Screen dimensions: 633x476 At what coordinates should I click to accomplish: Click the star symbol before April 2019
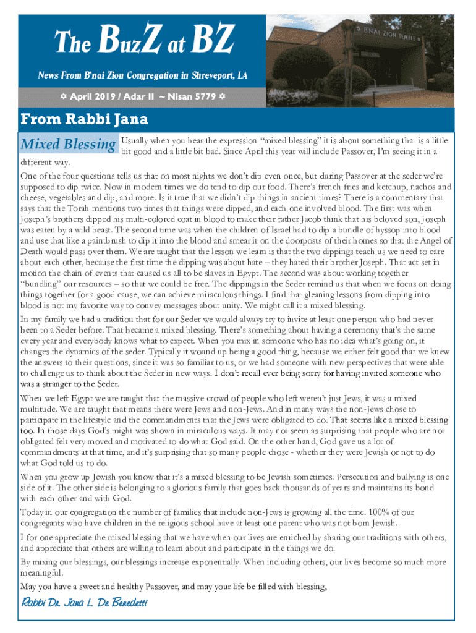[x=64, y=97]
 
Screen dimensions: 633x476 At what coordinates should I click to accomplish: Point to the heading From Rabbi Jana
[x=84, y=118]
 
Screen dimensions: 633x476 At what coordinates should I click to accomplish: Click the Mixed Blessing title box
[x=68, y=145]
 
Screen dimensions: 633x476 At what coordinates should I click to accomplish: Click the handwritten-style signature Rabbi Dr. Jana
[x=84, y=602]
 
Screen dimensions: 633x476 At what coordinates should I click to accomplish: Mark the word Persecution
[x=340, y=477]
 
